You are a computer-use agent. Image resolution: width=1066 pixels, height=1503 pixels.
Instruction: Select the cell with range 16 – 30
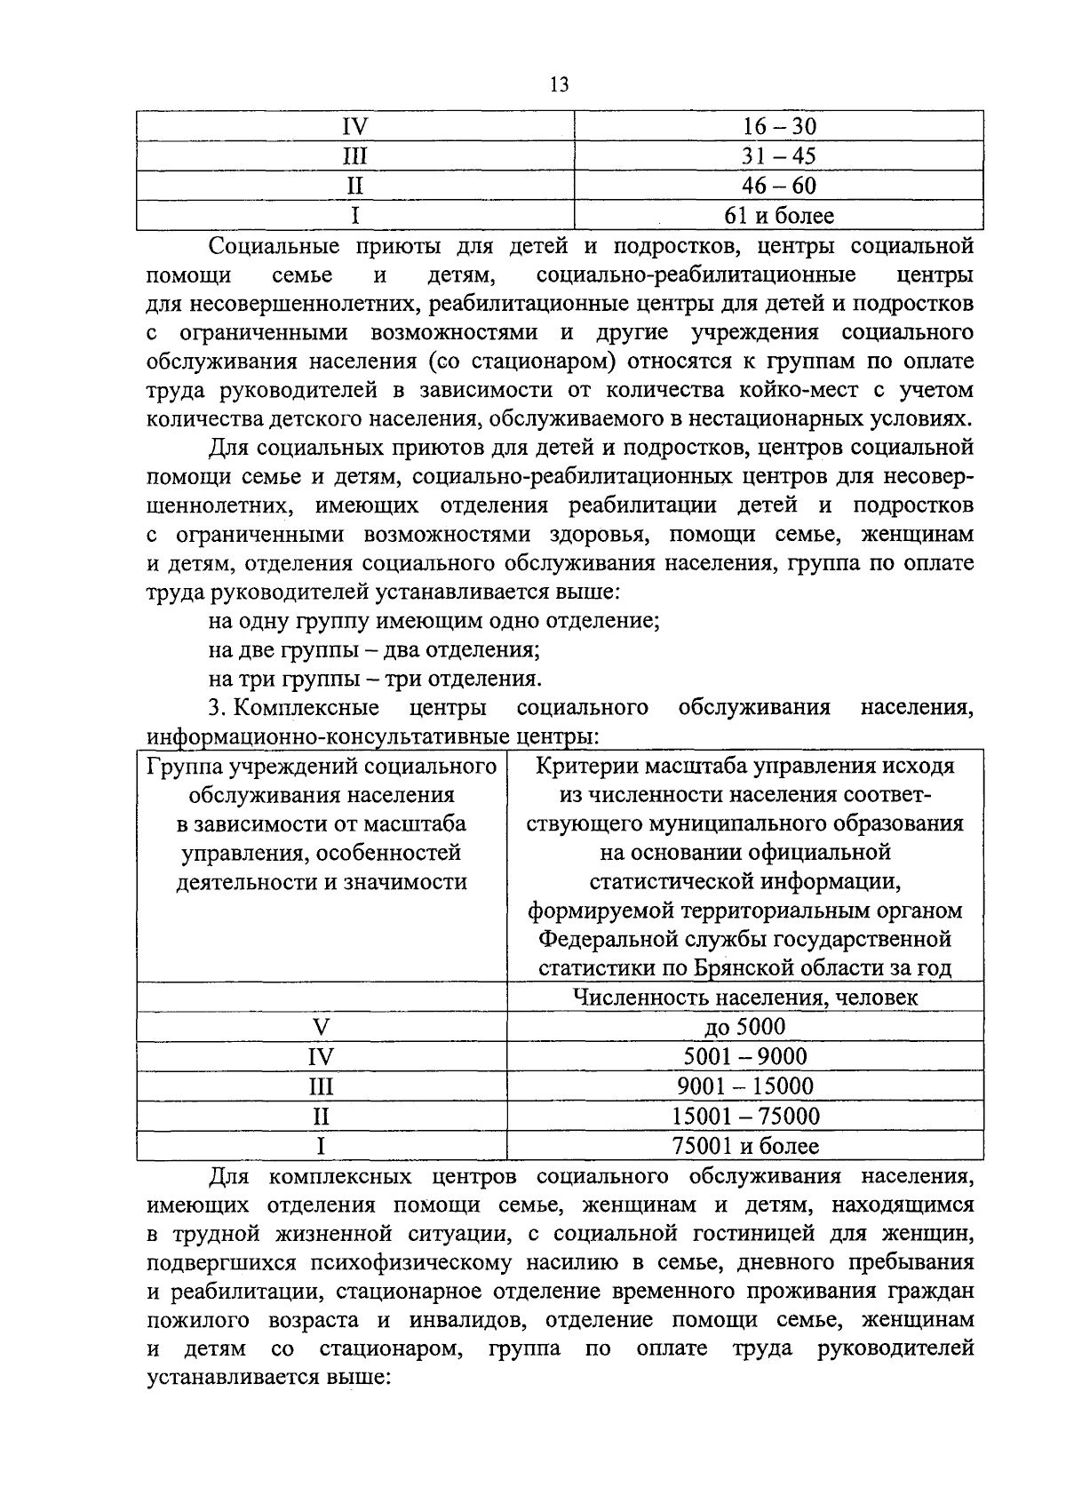(778, 126)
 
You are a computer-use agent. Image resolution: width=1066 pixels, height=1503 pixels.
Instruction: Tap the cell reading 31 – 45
(778, 156)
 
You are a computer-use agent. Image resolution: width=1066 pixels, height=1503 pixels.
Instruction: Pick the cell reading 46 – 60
(778, 186)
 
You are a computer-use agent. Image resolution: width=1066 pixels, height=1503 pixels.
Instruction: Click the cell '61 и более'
(778, 216)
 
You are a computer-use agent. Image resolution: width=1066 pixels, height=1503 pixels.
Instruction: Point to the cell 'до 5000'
(744, 1027)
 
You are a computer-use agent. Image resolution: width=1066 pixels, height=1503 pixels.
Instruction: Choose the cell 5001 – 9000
(744, 1056)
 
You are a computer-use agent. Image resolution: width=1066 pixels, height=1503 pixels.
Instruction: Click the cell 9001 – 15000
(744, 1085)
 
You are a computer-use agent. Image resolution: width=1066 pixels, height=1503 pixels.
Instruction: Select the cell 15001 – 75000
(744, 1116)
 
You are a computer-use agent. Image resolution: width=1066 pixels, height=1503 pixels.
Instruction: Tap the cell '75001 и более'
(744, 1146)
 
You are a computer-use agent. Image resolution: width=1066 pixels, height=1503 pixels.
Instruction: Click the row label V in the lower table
(321, 1027)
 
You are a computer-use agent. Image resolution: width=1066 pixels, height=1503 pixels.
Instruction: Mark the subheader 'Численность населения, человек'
(744, 997)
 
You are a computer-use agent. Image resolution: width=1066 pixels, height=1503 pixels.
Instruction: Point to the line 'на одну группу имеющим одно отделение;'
(434, 620)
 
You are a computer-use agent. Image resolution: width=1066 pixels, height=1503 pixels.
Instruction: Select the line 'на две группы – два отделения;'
(374, 649)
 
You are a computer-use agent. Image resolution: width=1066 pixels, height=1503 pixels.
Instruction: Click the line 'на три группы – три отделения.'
(374, 679)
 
